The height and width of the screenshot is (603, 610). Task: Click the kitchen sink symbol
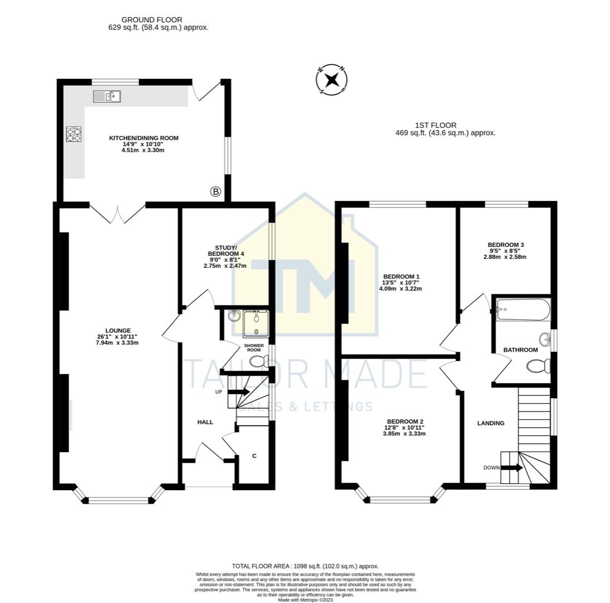107,97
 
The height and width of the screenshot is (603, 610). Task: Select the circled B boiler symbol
215,192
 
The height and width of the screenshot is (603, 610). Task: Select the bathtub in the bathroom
522,310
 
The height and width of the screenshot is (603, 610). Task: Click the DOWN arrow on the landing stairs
512,467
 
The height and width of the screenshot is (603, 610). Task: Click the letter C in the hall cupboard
254,456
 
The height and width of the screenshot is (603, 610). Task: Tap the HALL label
205,422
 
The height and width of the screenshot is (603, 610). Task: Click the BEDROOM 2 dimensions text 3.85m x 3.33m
405,433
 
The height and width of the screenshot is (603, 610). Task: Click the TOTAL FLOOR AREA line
305,566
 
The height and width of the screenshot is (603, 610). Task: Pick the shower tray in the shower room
256,323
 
